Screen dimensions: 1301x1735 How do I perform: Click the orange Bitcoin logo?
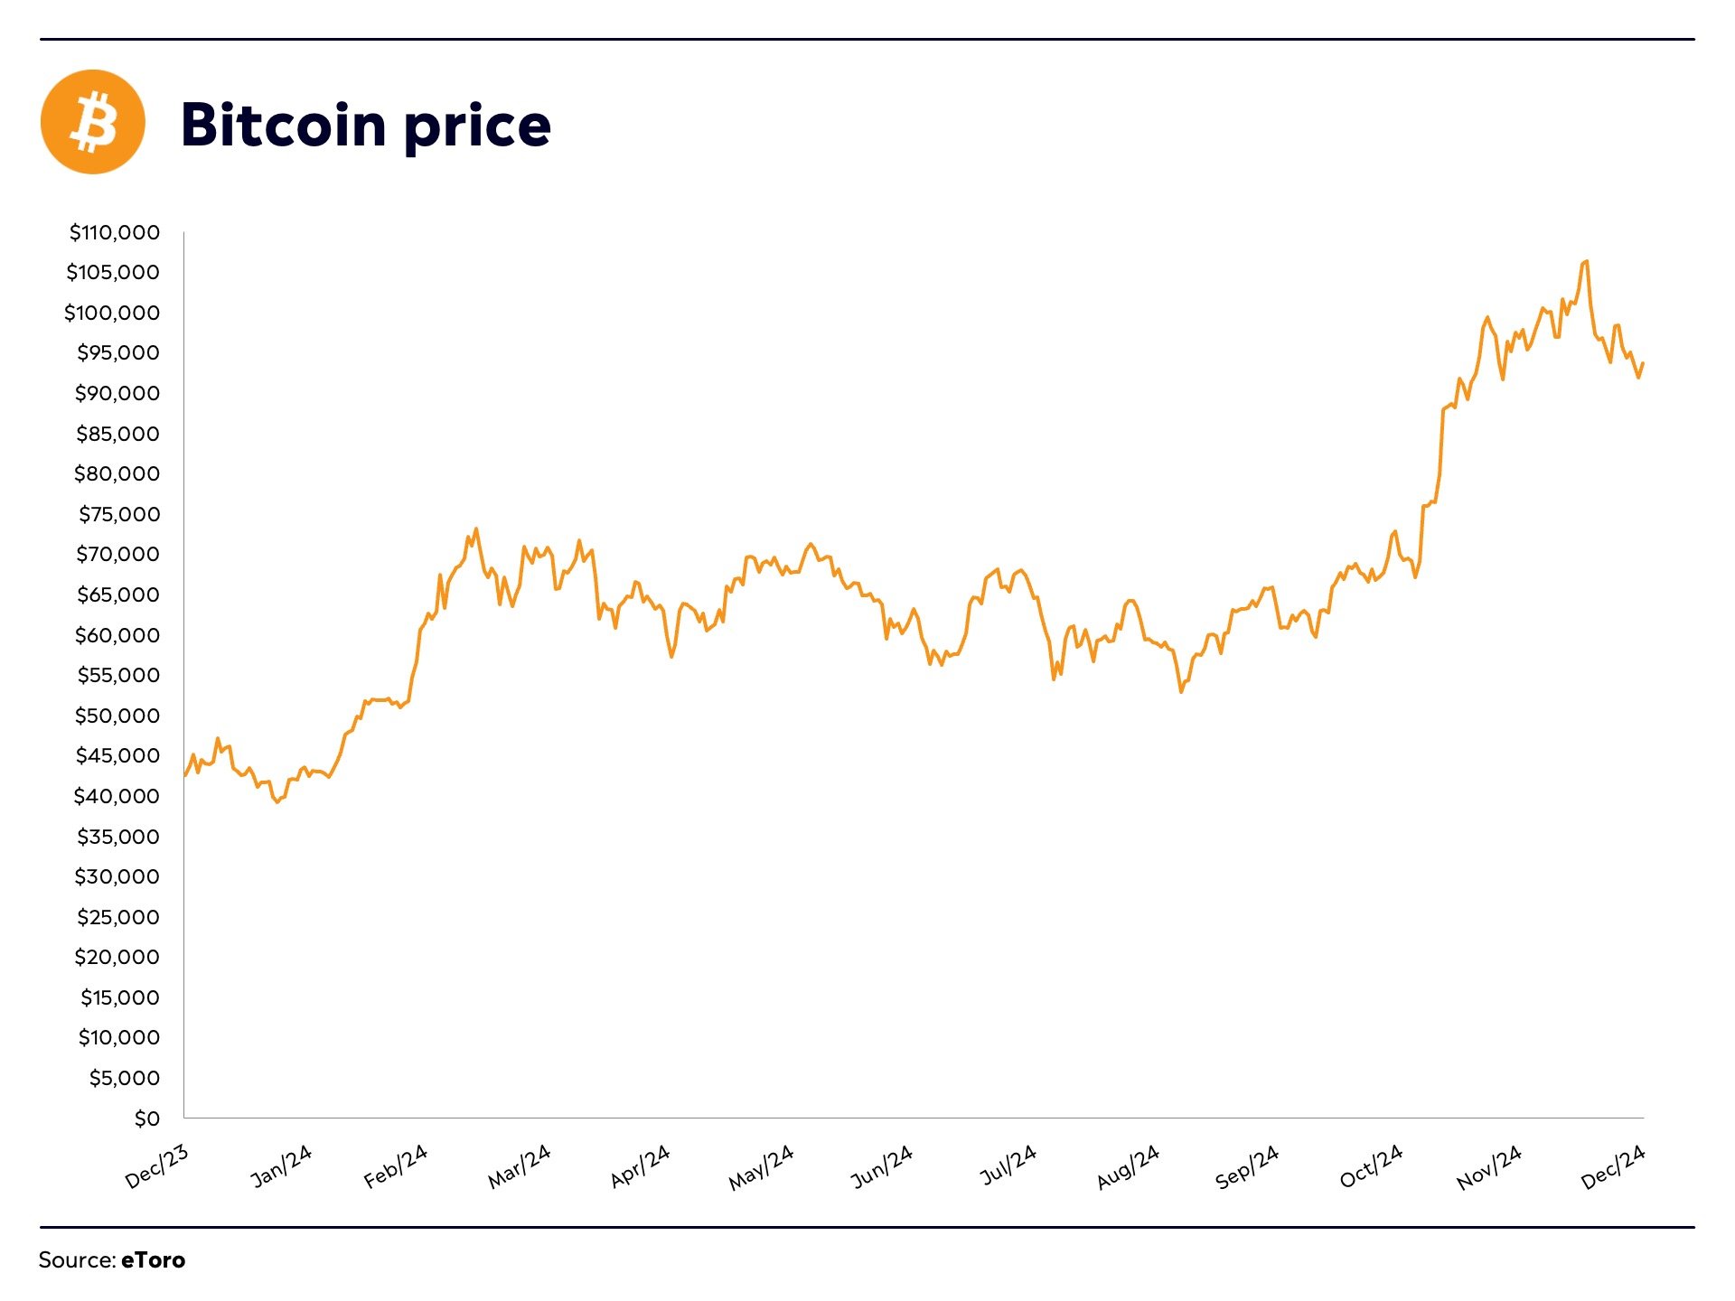pyautogui.click(x=93, y=122)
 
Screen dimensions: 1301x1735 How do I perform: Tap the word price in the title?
pyautogui.click(x=477, y=126)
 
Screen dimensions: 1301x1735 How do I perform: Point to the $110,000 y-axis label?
pyautogui.click(x=115, y=232)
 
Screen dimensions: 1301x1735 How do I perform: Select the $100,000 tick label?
pyautogui.click(x=112, y=313)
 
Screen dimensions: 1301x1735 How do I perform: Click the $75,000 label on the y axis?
pyautogui.click(x=119, y=514)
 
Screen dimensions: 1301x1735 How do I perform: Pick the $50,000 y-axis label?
pyautogui.click(x=117, y=716)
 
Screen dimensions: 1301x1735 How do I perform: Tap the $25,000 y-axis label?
pyautogui.click(x=117, y=917)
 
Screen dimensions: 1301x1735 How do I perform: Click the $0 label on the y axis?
pyautogui.click(x=146, y=1118)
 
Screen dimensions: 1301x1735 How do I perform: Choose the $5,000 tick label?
pyautogui.click(x=124, y=1078)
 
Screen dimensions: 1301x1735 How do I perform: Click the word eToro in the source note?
pyautogui.click(x=153, y=1260)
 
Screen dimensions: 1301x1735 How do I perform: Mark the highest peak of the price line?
pyautogui.click(x=1586, y=262)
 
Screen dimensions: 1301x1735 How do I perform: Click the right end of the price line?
pyautogui.click(x=1643, y=363)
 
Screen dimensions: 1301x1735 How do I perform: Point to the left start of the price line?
pyautogui.click(x=185, y=774)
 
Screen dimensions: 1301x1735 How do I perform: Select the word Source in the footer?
pyautogui.click(x=76, y=1260)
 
